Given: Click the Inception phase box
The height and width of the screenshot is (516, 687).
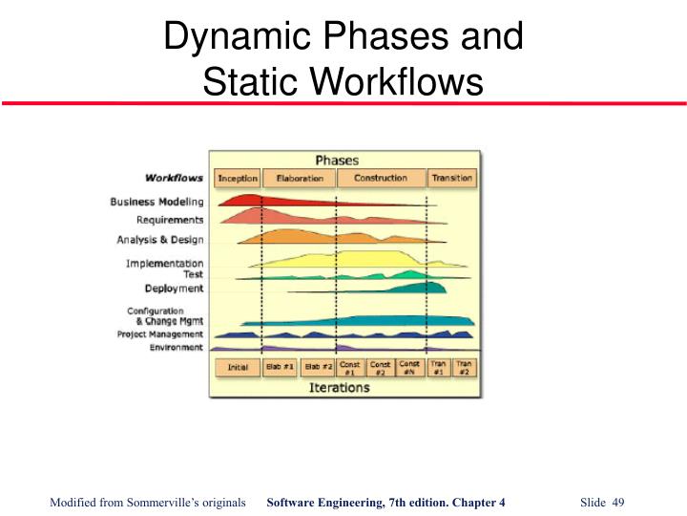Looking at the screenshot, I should [x=239, y=178].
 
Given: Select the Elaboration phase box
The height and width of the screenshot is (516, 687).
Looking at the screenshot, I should [x=298, y=178].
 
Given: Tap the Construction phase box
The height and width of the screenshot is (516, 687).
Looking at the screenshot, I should [x=380, y=178].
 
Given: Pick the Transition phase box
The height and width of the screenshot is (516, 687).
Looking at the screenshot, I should [x=451, y=178].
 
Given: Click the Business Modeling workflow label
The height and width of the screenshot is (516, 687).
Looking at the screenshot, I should [x=156, y=202].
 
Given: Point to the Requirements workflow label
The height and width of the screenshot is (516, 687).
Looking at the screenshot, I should [x=169, y=220].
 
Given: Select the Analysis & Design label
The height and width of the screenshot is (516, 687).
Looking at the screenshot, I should [x=160, y=239].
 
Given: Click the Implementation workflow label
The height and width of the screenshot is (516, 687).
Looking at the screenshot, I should [x=164, y=263].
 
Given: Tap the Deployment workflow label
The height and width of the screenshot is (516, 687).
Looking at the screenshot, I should [x=174, y=288].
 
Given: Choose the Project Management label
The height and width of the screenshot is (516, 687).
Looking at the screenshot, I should [x=159, y=334].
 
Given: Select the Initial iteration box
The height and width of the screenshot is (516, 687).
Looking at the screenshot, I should [x=239, y=367].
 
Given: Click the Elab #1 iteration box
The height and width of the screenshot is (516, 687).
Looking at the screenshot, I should [x=280, y=367].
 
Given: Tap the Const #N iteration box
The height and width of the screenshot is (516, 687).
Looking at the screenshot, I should [x=409, y=367].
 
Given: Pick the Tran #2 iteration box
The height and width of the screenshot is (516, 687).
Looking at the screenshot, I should [x=464, y=367].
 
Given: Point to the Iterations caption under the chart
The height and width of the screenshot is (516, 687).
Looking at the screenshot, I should [x=339, y=388].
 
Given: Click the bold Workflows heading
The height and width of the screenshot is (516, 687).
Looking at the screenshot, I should [x=174, y=178].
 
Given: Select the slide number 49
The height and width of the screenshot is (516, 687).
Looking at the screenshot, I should [x=617, y=504].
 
